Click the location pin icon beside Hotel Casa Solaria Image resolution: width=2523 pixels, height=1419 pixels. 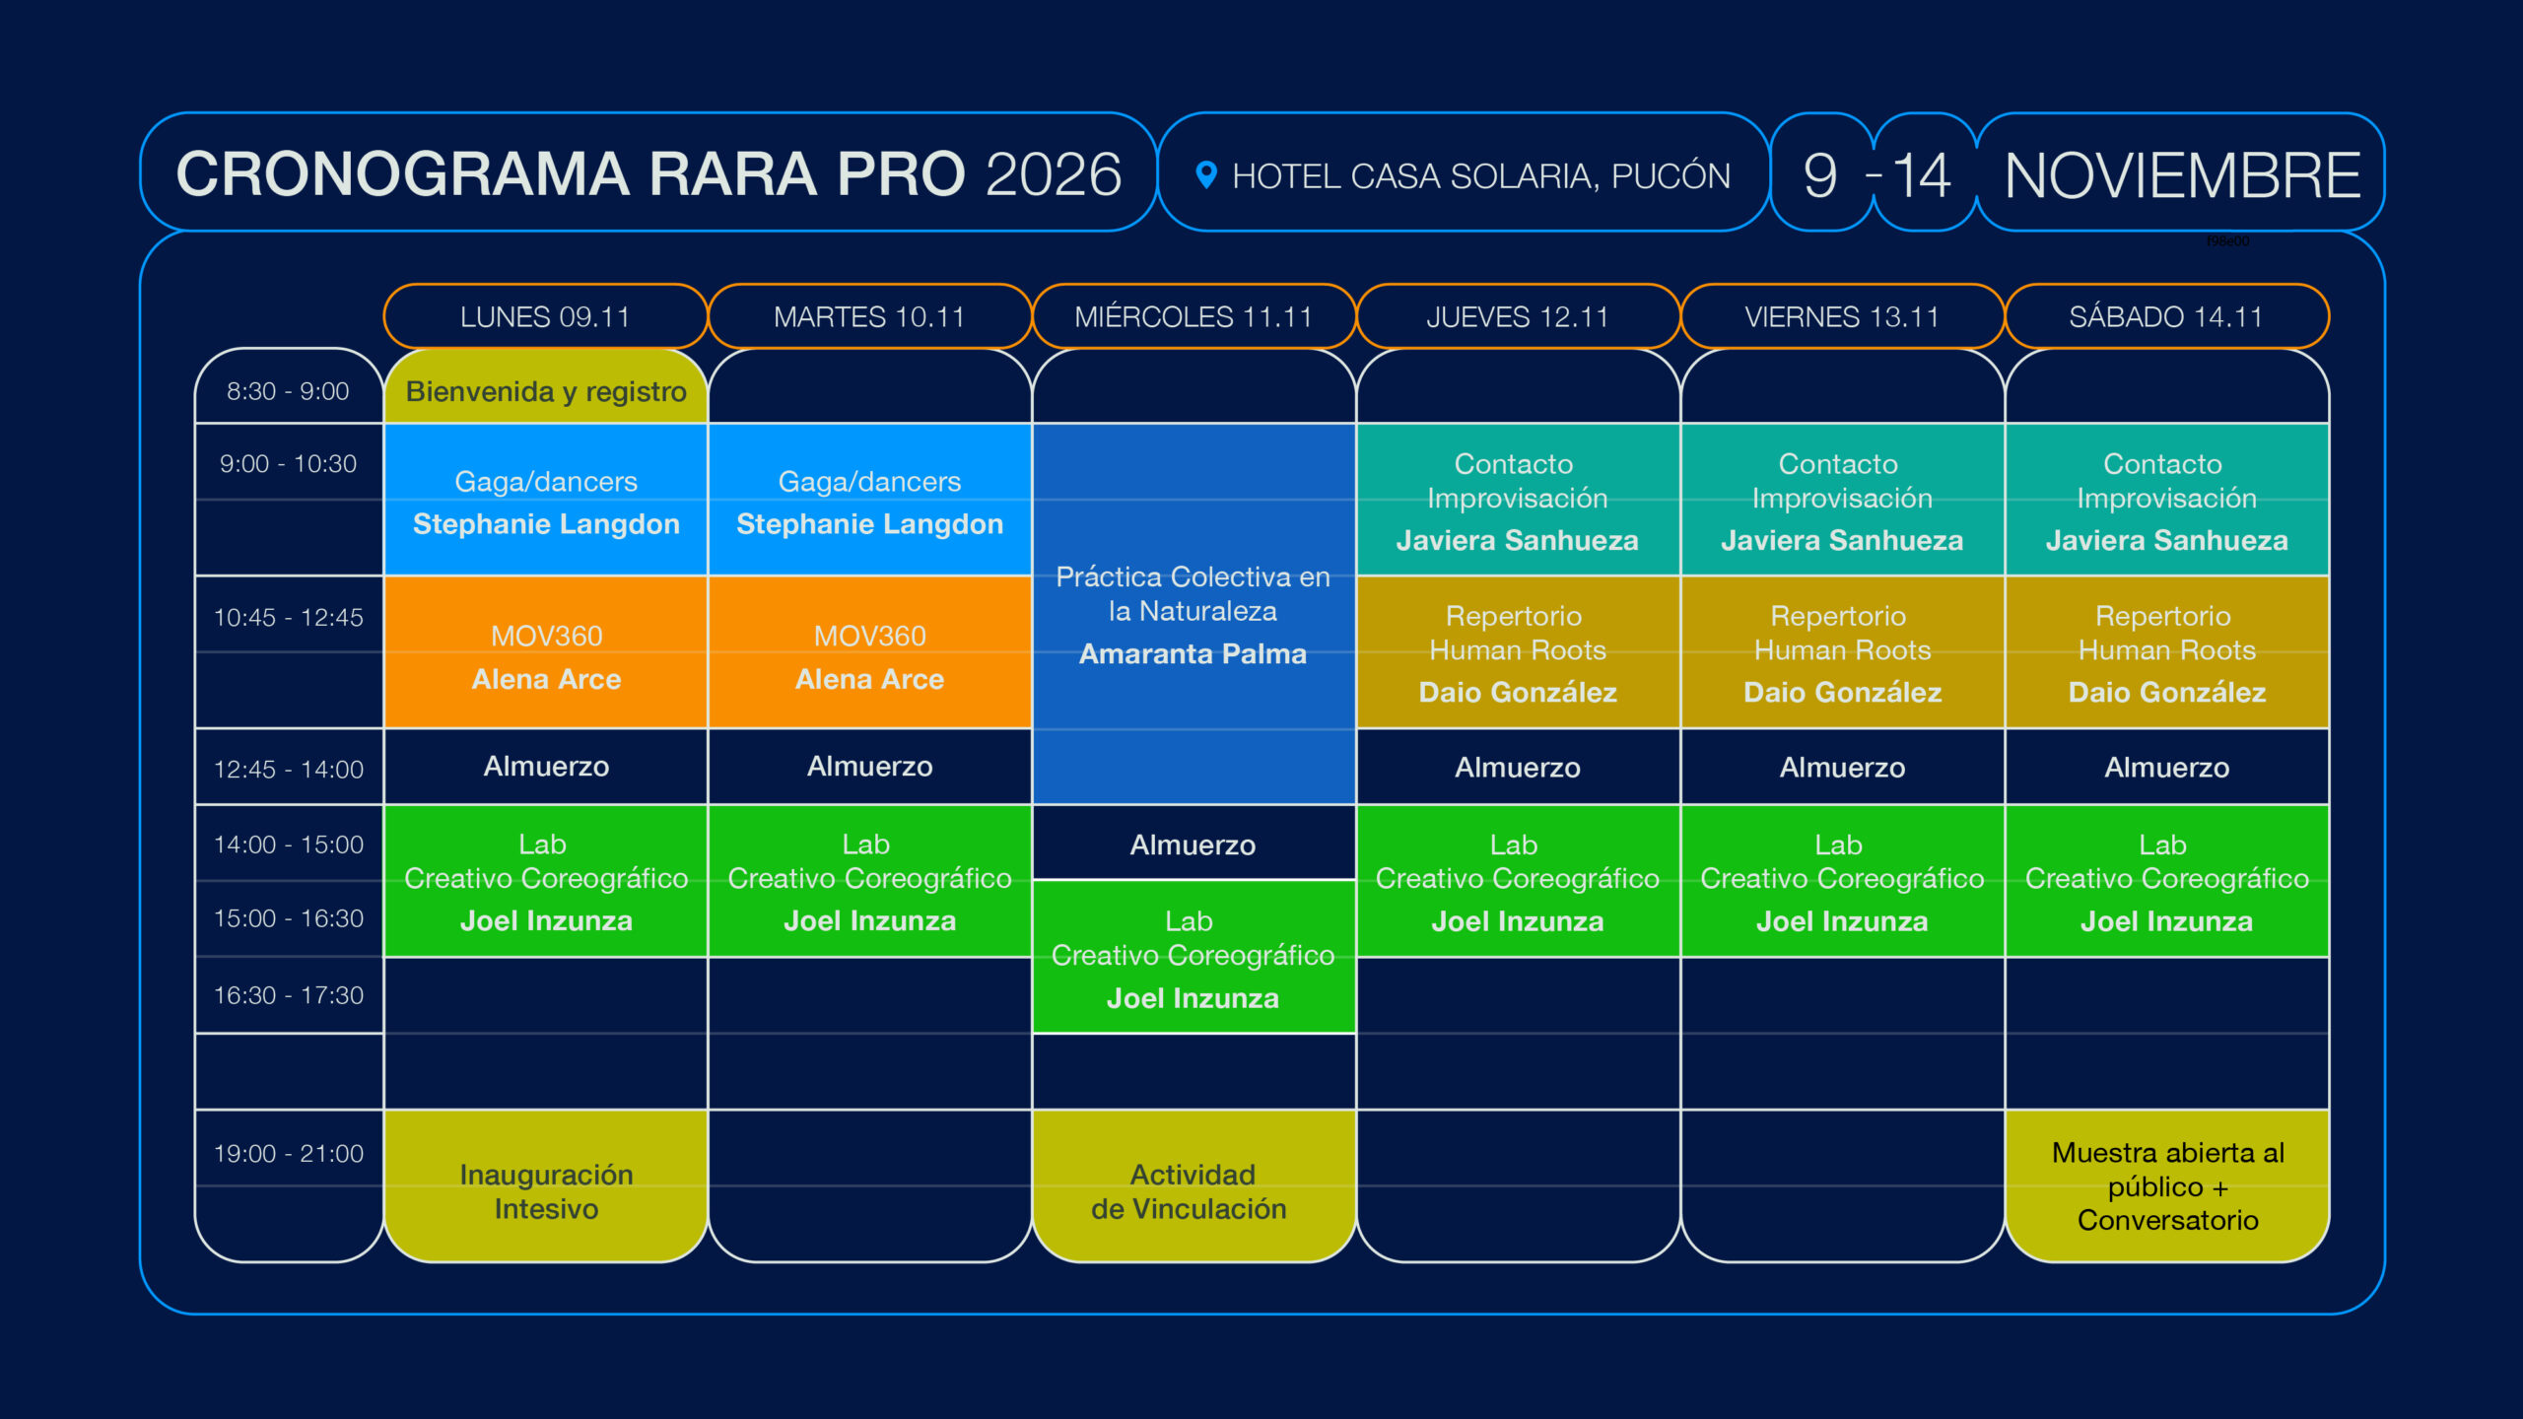coord(1205,174)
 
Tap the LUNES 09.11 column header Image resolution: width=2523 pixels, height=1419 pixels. coord(545,316)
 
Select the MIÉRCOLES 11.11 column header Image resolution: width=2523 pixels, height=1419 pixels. coord(1193,316)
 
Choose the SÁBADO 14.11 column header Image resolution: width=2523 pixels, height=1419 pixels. coord(2166,316)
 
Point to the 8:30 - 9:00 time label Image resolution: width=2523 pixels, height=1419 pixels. coord(288,391)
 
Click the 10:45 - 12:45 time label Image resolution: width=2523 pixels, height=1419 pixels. coord(289,617)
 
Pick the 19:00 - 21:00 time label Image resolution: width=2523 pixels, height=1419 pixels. coord(289,1153)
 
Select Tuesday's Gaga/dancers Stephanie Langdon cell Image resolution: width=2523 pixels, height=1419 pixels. coord(869,500)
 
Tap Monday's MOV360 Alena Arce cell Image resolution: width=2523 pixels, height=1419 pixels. coord(546,652)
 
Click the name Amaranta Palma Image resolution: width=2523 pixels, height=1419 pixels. coord(1193,653)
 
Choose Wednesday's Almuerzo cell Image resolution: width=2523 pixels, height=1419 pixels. coord(1193,844)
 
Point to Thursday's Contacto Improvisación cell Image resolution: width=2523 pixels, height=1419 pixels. coord(1518,500)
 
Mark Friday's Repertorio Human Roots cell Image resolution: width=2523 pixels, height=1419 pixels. coord(1842,652)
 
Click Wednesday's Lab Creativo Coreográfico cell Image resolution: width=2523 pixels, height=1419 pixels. coord(1193,957)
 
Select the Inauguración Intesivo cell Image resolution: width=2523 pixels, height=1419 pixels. coord(546,1185)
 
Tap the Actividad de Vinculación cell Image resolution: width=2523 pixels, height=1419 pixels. coord(1193,1185)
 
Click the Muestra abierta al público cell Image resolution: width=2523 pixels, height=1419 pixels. coord(2167,1185)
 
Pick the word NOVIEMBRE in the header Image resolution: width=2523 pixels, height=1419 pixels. coord(2182,175)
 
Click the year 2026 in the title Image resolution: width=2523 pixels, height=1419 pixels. coord(1053,174)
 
